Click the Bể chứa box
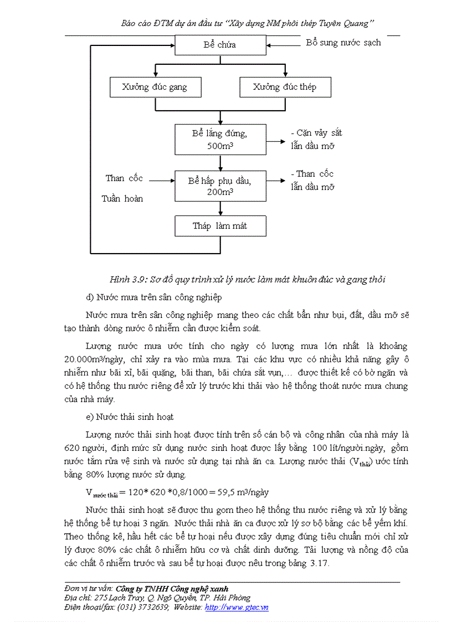coord(220,45)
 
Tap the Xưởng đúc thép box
coord(285,87)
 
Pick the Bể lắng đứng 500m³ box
coord(220,140)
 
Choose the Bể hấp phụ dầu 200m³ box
coord(220,186)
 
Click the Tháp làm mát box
coord(220,226)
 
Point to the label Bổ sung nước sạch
coord(343,43)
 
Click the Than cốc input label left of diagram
coord(124,178)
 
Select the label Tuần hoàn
coord(122,198)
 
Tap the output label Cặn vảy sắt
coord(319,133)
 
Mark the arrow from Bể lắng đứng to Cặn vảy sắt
coord(275,141)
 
